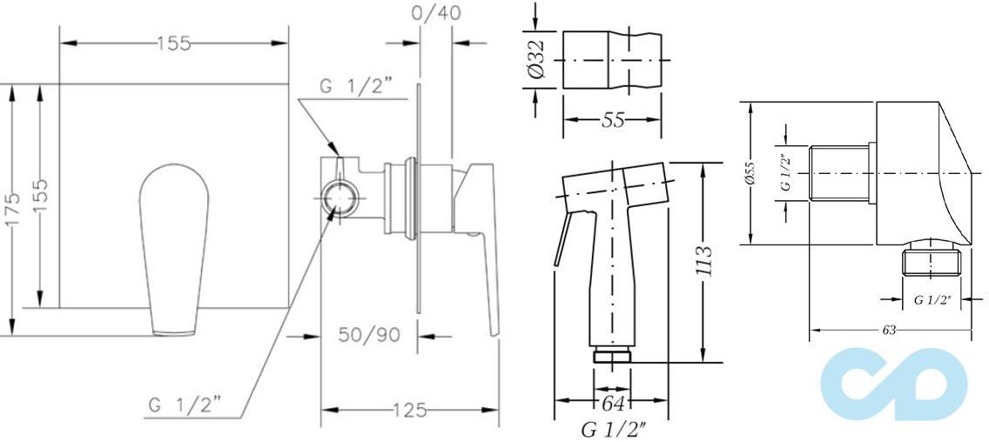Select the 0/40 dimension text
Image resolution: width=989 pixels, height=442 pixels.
(x=434, y=13)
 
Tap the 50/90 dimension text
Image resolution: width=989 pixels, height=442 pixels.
(x=369, y=335)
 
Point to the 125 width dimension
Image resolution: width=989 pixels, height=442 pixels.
(x=410, y=411)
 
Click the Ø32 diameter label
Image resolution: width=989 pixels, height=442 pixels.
(x=536, y=61)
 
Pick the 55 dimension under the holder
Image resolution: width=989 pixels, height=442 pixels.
(x=613, y=119)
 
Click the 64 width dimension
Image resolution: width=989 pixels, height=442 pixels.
(x=612, y=402)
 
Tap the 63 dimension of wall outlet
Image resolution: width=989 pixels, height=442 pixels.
(x=889, y=330)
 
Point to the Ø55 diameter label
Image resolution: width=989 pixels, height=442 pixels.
(x=750, y=172)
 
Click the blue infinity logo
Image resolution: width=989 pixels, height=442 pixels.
(x=894, y=384)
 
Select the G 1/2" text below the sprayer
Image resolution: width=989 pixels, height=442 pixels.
(x=612, y=431)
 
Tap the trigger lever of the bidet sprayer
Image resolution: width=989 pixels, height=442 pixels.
(x=562, y=239)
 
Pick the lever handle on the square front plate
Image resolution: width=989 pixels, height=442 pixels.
(x=173, y=249)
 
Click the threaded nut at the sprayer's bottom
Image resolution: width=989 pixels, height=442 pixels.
(x=612, y=356)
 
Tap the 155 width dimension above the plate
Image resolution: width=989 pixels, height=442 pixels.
(x=173, y=44)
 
